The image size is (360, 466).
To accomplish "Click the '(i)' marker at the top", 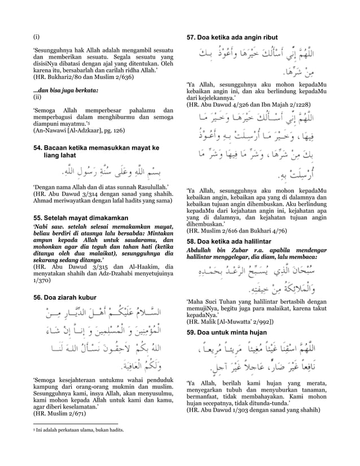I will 36,37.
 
